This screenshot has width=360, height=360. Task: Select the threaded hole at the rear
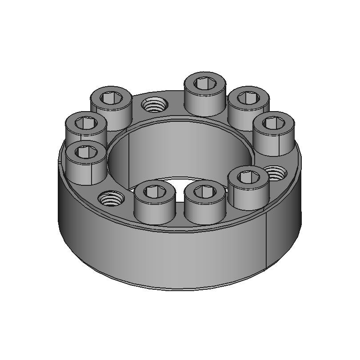point(153,105)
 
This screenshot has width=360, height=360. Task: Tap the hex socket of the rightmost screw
point(274,122)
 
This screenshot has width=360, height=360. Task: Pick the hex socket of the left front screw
point(153,192)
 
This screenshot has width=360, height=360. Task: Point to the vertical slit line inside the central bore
point(129,160)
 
